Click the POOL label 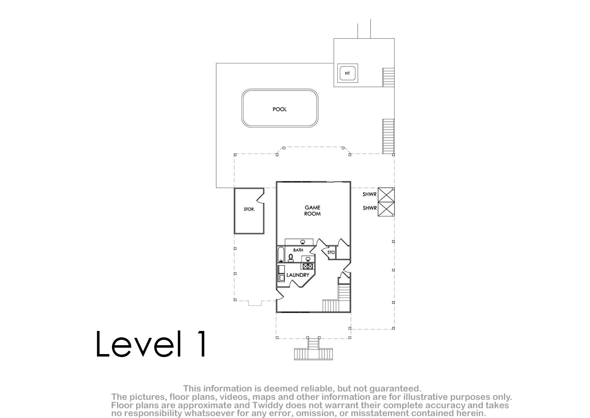coord(279,109)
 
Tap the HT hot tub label coord(348,73)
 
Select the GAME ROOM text coord(312,210)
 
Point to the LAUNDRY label coord(297,275)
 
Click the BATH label coord(298,250)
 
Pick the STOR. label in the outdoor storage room coord(249,209)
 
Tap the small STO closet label coord(331,252)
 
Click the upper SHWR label coord(370,194)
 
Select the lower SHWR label coord(370,208)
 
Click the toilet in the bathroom coord(291,258)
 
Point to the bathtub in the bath coord(281,254)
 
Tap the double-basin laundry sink coord(308,266)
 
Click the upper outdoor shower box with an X coord(386,195)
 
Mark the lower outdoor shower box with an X coord(386,209)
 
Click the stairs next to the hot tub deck coord(388,77)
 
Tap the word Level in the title coord(139,344)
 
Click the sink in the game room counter coord(303,242)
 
